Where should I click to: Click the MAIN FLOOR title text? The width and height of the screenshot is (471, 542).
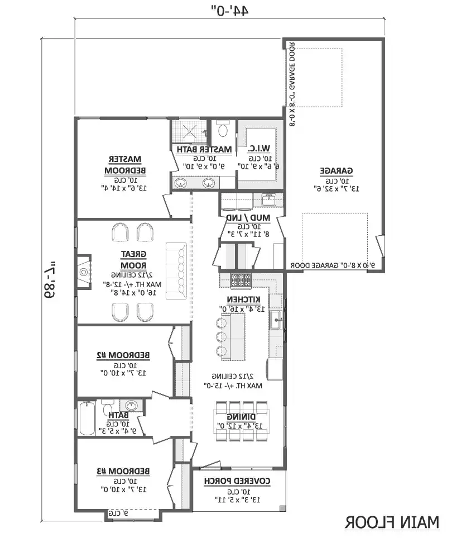[392, 522]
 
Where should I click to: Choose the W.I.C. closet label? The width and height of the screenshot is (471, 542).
[257, 149]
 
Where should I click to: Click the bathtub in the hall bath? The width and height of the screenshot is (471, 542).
[86, 418]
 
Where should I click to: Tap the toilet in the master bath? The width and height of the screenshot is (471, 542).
[223, 131]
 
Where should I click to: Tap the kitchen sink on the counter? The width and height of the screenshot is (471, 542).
[276, 321]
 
